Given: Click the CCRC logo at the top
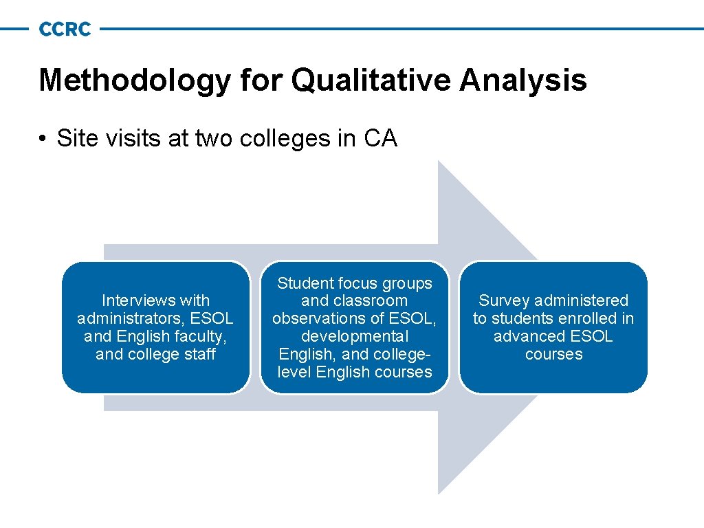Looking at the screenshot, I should (x=65, y=29).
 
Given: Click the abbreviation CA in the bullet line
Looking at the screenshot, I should (x=380, y=139).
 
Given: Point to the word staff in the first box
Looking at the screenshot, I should (x=201, y=354).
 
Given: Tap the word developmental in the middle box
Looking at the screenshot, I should (x=355, y=336).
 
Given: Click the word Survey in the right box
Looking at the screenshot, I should (x=503, y=300).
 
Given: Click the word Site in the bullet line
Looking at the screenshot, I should (x=71, y=139).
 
